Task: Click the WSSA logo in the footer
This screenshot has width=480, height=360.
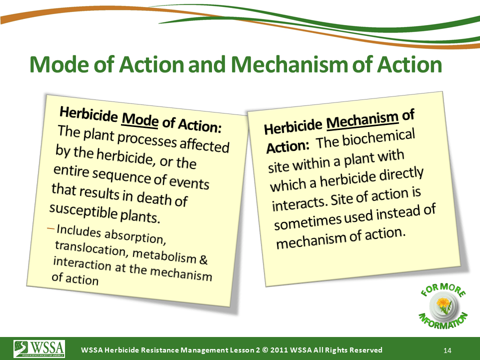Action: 39,349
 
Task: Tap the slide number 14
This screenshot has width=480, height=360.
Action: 447,350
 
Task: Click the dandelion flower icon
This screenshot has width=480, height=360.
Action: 443,305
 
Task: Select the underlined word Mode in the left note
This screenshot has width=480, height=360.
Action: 140,119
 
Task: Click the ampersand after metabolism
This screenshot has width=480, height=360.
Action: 203,259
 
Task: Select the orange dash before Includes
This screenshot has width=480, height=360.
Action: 51,228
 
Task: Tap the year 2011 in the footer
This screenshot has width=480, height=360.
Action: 278,350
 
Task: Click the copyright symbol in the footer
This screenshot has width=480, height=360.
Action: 265,350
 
